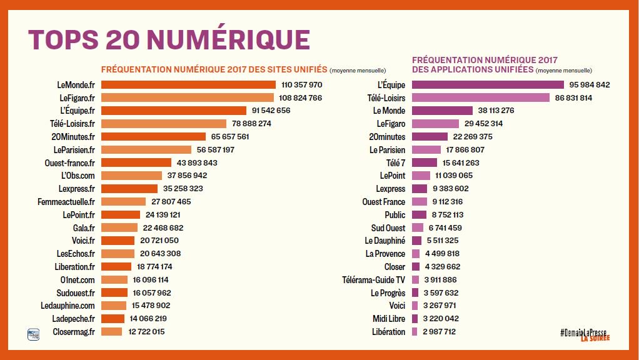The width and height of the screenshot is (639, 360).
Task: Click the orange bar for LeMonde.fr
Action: click(188, 84)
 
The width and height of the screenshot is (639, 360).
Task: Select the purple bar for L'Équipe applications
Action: click(481, 84)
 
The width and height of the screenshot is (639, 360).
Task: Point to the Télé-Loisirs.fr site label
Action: click(72, 123)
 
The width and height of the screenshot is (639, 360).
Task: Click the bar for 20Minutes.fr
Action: click(153, 136)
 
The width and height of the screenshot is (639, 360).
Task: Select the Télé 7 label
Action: click(393, 162)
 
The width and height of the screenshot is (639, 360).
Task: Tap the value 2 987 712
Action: click(440, 332)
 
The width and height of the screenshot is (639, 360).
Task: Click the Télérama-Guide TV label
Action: click(373, 279)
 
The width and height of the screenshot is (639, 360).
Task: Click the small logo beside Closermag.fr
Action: click(33, 334)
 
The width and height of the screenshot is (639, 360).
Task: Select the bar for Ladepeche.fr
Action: click(113, 319)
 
